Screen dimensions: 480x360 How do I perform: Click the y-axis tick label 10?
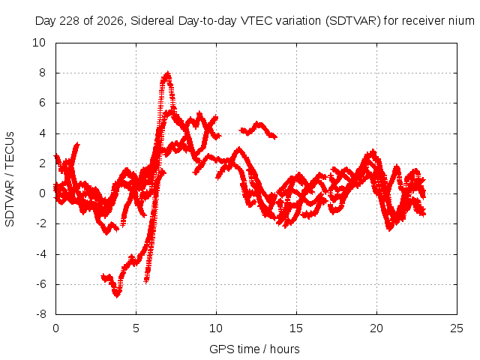tap(39, 43)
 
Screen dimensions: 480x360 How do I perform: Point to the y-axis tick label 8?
tap(42, 73)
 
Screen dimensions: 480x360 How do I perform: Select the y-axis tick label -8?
tap(40, 314)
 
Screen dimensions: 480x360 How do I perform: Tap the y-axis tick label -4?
tap(40, 254)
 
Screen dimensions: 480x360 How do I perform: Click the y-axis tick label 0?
tap(42, 193)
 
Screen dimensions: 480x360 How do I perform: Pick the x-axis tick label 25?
tap(457, 328)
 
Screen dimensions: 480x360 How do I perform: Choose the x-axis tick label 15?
tap(296, 328)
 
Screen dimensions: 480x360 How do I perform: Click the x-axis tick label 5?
tap(136, 328)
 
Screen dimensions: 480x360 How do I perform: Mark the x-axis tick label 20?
tap(376, 328)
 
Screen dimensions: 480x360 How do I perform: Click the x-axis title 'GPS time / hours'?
tap(254, 349)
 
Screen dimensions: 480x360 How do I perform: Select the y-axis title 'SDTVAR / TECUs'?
tap(10, 179)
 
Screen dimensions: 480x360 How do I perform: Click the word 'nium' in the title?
tap(461, 21)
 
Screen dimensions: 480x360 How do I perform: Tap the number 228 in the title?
tap(69, 21)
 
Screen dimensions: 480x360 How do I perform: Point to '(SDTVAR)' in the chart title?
tap(353, 21)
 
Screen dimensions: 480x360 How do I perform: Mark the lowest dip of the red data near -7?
tap(117, 295)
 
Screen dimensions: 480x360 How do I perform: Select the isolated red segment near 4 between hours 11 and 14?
tap(258, 130)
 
